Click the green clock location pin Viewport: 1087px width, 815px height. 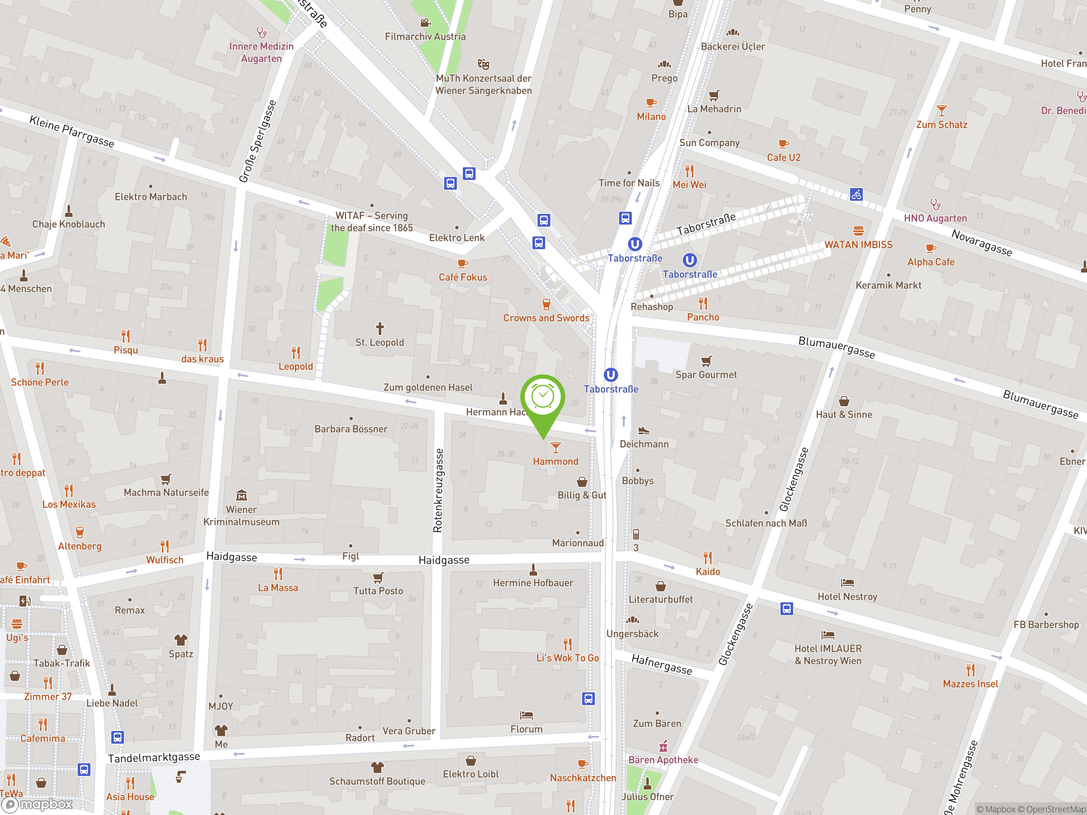pos(543,398)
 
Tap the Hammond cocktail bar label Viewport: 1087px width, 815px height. pos(555,461)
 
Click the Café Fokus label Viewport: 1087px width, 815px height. pos(463,277)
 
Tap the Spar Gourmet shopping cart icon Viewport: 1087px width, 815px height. pos(706,362)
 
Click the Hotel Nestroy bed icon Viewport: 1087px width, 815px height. pos(847,583)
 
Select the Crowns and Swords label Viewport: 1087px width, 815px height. pos(546,318)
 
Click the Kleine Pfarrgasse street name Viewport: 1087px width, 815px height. pos(72,131)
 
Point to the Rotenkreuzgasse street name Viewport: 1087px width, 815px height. pos(438,490)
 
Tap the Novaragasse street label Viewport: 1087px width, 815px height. pos(981,243)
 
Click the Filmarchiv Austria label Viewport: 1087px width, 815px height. pos(425,37)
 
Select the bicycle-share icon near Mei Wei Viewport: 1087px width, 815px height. pos(856,194)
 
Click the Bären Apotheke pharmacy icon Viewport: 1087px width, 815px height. pos(663,747)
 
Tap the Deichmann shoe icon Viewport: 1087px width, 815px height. pos(644,431)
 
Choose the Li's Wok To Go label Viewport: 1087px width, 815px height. pos(568,658)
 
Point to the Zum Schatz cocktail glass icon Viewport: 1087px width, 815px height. pos(941,110)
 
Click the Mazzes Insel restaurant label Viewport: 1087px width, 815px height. pos(970,684)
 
